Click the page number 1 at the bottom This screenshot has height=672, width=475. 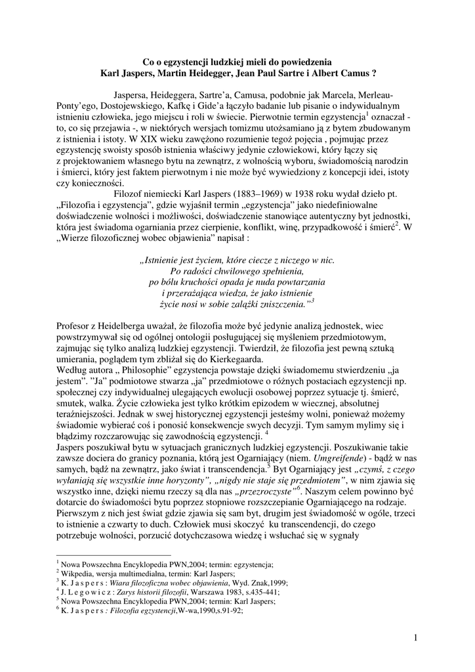click(416, 637)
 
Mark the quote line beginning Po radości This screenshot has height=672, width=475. click(237, 271)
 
